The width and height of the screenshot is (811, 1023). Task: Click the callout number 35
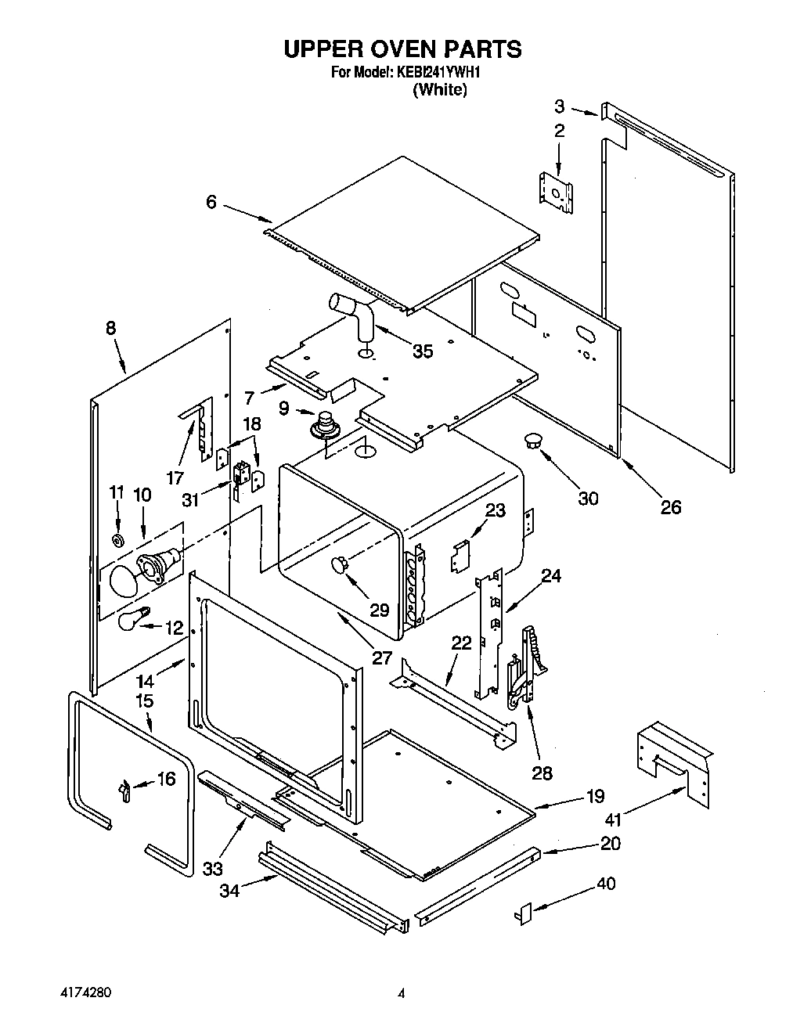423,351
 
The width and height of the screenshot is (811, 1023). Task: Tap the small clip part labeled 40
525,913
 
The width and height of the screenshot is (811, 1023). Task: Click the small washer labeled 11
119,541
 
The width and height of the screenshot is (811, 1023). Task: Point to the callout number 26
670,506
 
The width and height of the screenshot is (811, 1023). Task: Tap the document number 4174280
81,992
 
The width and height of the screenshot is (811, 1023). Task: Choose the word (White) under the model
440,90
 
